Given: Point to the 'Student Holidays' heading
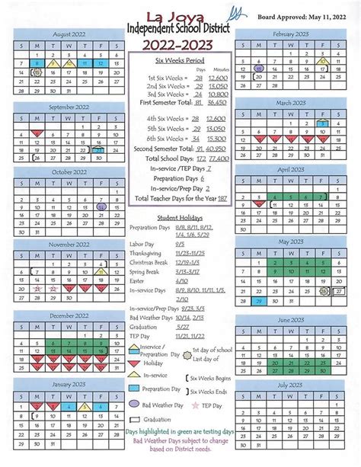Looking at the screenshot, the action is coord(178,217).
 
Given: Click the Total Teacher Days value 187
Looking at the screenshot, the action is coord(222,198).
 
